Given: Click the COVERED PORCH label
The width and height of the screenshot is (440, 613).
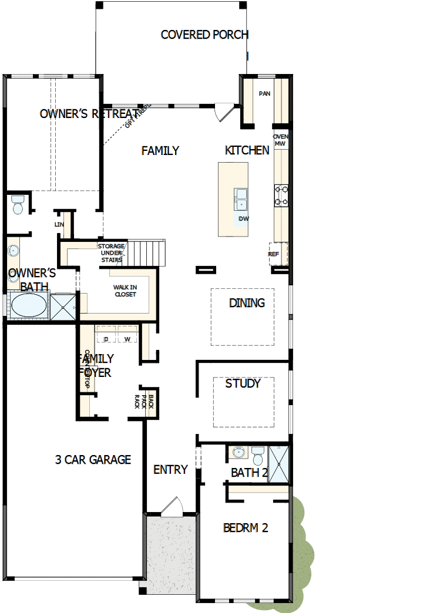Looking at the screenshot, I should tap(204, 35).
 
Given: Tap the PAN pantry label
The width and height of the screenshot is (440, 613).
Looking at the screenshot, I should tap(265, 93).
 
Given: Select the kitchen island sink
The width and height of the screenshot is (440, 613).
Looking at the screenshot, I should tap(241, 198).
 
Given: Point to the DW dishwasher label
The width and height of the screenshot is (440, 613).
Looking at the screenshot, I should tap(244, 219).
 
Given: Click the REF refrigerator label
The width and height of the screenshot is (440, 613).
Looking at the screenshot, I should tap(274, 254).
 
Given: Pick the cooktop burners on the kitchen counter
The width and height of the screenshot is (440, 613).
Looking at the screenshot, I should tap(281, 196).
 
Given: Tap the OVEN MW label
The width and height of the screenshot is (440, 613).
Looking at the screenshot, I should tap(280, 140).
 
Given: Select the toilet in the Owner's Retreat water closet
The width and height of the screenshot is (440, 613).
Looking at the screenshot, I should tap(17, 205).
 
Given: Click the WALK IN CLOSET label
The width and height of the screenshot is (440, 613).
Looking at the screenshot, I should tap(125, 291).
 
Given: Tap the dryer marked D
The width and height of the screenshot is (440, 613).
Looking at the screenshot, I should tap(106, 339).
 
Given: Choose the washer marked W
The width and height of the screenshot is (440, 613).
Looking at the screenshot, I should tap(127, 339).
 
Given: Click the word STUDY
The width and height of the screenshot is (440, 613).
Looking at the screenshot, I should tap(243, 383).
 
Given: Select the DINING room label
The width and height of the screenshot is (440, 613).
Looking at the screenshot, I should tap(247, 303).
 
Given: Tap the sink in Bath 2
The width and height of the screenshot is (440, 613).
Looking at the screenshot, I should tap(238, 452).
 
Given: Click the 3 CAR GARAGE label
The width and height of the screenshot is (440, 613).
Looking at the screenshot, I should tap(93, 460).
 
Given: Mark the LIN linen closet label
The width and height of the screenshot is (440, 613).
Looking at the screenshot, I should tap(59, 224).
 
